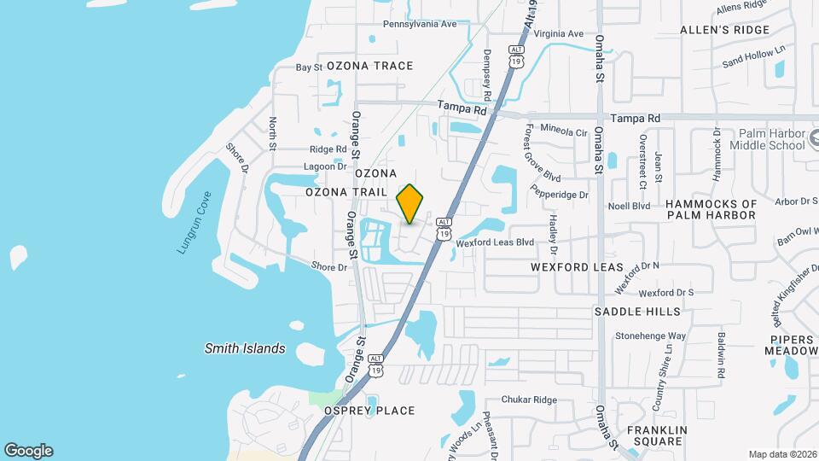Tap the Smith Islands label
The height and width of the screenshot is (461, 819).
(245, 348)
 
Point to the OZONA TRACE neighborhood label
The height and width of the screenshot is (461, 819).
(369, 66)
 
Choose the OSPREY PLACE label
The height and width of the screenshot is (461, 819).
(369, 411)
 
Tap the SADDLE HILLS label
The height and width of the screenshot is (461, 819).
(637, 312)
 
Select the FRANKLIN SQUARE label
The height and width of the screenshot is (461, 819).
(654, 435)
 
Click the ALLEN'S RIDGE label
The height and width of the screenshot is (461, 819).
(724, 30)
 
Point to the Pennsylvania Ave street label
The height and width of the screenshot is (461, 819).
(420, 24)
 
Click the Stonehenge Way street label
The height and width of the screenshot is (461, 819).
(651, 336)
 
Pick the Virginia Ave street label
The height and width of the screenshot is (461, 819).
(558, 34)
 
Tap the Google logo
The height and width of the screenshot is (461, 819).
(28, 451)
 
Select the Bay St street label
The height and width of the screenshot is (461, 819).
(308, 67)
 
